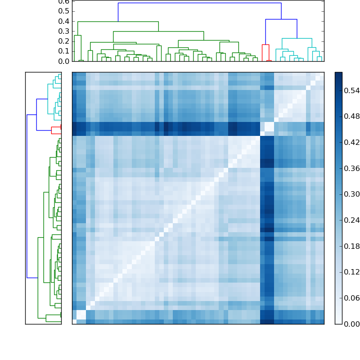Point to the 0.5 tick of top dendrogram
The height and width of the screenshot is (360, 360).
64,11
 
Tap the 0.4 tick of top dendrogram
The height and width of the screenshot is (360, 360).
64,21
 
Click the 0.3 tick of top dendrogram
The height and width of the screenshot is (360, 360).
64,31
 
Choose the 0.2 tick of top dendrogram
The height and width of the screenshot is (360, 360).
64,41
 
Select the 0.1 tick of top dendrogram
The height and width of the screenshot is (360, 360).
64,51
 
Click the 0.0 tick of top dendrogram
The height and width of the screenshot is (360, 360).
64,61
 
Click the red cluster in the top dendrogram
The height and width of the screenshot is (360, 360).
265,45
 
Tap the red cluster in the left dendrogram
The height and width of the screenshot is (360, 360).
56,130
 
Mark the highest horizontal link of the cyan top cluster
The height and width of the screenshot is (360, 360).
297,39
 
